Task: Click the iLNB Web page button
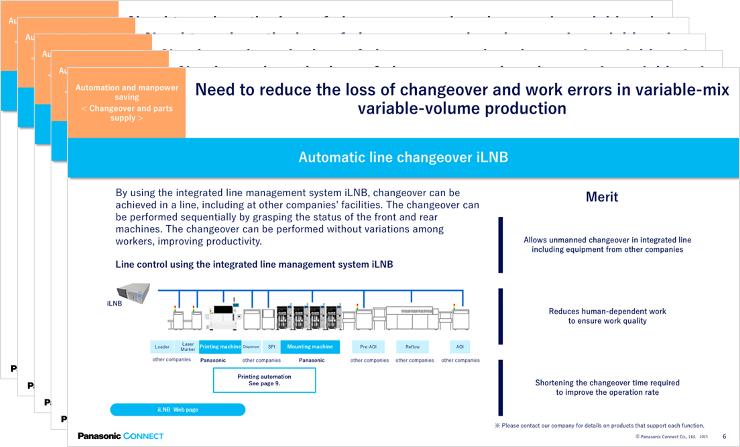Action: coord(178,409)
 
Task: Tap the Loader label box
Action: coord(162,347)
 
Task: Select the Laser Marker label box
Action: coord(187,347)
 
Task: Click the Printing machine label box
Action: coord(220,347)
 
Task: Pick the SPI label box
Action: coord(271,347)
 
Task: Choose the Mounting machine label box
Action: coord(310,347)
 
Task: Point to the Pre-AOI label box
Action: coord(368,347)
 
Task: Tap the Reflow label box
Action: coord(412,347)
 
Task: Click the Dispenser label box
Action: coord(251,347)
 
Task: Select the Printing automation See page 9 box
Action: coord(264,380)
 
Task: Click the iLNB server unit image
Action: coord(134,293)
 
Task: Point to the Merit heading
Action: coord(602,197)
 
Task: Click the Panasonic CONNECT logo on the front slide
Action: coord(121,436)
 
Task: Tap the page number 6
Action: coord(724,436)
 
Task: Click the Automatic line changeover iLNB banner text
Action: coord(403,157)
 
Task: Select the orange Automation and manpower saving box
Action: coord(127,102)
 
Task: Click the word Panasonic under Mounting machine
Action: coord(311,360)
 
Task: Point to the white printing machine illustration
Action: coord(222,317)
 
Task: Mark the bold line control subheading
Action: coord(254,264)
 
